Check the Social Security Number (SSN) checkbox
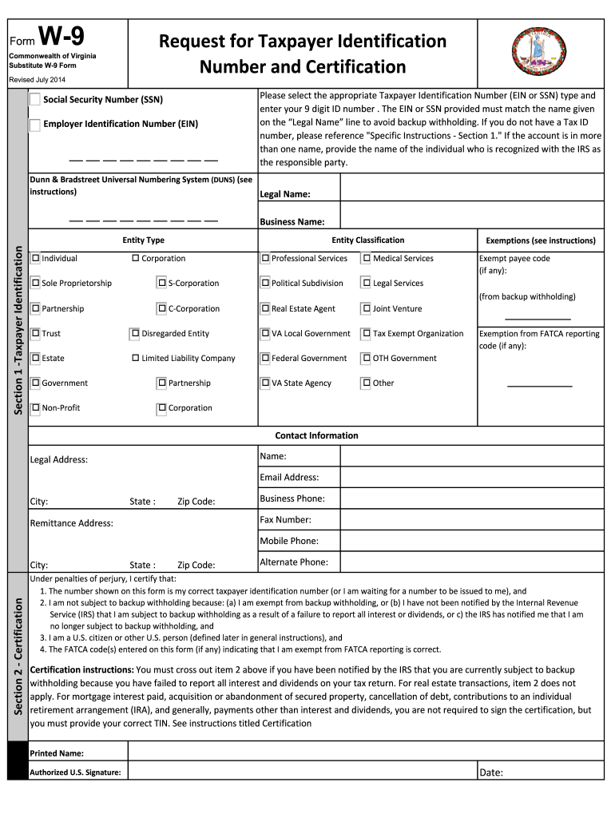click(x=35, y=100)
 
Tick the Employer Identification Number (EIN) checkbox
click(x=35, y=125)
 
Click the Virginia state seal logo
click(x=536, y=52)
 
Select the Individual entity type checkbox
click(x=35, y=258)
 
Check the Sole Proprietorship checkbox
click(x=35, y=283)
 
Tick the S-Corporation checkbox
click(x=162, y=283)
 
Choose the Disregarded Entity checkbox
click(x=136, y=333)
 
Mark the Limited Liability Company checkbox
click(x=136, y=358)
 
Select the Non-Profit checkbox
click(x=35, y=408)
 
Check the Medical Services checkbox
click(x=367, y=258)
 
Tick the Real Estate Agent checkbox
click(x=265, y=308)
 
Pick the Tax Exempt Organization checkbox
click(x=367, y=333)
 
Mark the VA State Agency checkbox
click(x=265, y=383)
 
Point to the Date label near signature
click(x=491, y=772)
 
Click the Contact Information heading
click(x=316, y=435)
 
